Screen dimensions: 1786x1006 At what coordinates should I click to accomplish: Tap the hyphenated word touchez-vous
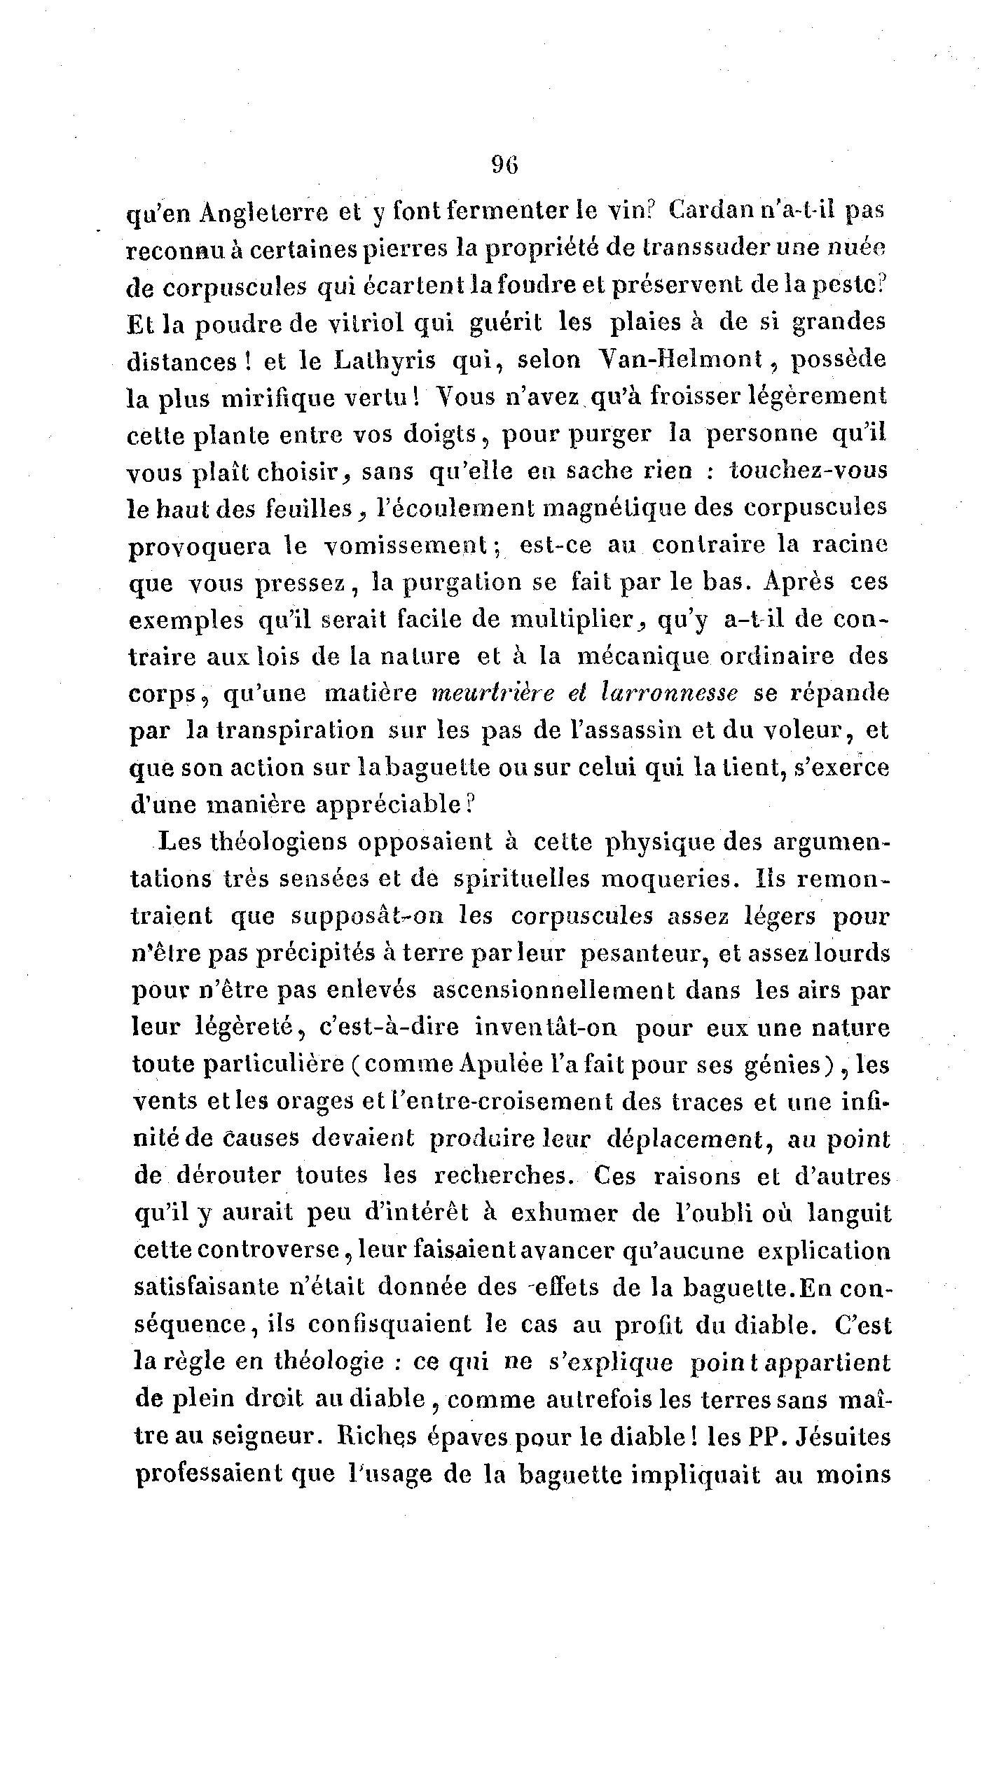tap(808, 470)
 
